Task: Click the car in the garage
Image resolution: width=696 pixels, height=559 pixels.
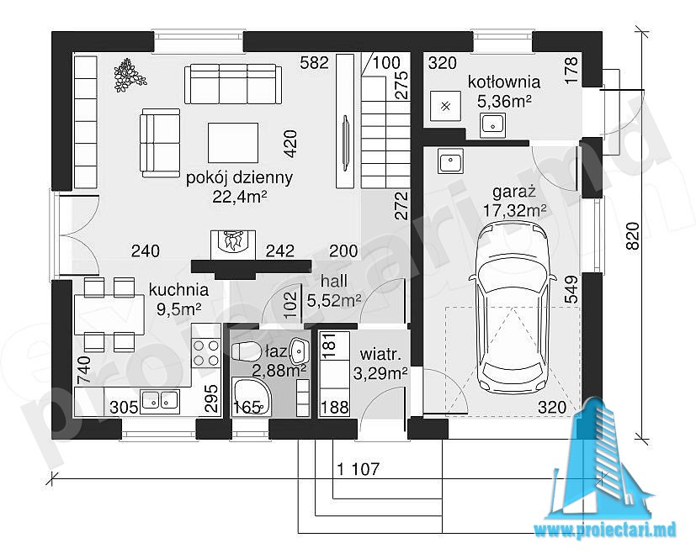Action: pyautogui.click(x=513, y=310)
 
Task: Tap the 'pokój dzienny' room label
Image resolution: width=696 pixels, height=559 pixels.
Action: pyautogui.click(x=239, y=178)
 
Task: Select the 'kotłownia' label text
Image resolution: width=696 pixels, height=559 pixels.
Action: pyautogui.click(x=504, y=82)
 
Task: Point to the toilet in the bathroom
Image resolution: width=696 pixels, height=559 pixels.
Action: pyautogui.click(x=247, y=351)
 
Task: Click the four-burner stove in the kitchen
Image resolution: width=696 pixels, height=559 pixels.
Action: pyautogui.click(x=206, y=352)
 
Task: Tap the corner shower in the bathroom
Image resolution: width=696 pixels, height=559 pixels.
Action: pyautogui.click(x=252, y=397)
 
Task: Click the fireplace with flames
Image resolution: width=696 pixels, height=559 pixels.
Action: pyautogui.click(x=233, y=245)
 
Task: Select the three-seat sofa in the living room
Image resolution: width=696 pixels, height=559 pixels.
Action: pyautogui.click(x=233, y=84)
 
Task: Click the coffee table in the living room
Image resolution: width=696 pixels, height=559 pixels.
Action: pyautogui.click(x=233, y=143)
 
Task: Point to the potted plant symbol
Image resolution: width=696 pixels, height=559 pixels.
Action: pyautogui.click(x=130, y=75)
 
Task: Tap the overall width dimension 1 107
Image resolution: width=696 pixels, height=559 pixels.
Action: pyautogui.click(x=359, y=468)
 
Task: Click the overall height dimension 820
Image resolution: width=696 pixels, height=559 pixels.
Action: pyautogui.click(x=634, y=235)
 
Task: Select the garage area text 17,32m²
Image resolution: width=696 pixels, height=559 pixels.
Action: pyautogui.click(x=514, y=210)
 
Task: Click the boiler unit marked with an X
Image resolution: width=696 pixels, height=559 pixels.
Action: pyautogui.click(x=446, y=106)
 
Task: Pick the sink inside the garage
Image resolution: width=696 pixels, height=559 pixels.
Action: pyautogui.click(x=451, y=161)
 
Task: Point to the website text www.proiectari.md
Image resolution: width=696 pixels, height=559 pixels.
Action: pyautogui.click(x=605, y=530)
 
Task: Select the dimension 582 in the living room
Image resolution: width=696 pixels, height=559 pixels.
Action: pyautogui.click(x=314, y=63)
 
